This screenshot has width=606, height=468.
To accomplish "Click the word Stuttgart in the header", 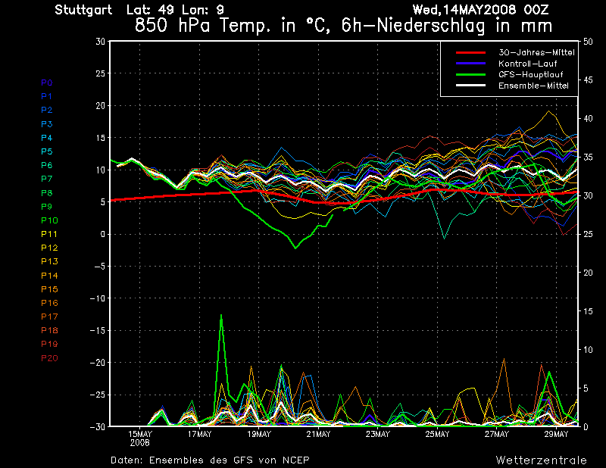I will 83,10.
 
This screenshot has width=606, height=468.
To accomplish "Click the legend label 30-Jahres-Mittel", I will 536,52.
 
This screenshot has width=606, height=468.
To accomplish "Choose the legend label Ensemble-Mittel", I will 533,86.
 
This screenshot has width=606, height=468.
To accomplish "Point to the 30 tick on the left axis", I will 100,42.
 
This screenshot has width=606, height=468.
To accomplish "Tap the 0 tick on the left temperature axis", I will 102,234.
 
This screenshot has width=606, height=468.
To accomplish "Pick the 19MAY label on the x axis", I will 258,435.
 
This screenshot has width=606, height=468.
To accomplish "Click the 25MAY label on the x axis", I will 437,435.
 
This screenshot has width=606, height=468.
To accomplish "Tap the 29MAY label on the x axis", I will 556,435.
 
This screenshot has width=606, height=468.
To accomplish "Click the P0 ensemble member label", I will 47,83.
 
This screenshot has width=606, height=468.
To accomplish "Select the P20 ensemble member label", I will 49,357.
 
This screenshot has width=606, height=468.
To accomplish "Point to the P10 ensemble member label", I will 49,220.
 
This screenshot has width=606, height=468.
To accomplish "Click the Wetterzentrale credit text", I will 542,460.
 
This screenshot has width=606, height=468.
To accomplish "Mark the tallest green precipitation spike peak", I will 221,315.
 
